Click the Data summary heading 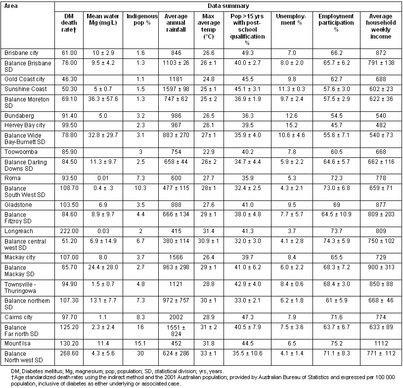(x=228, y=6)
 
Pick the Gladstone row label (x=18, y=204)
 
